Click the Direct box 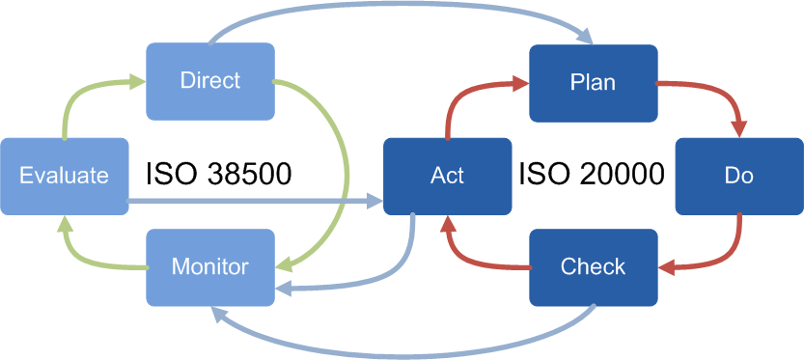209,80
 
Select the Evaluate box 64,176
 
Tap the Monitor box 209,266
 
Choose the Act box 447,176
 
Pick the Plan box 593,82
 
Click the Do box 738,176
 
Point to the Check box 593,266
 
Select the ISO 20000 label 591,175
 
